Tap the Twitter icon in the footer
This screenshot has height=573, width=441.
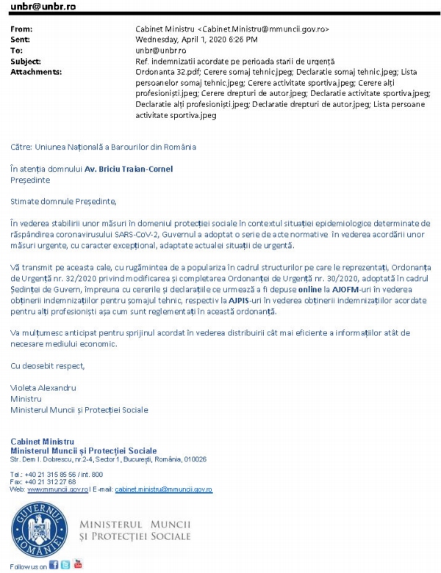[x=65, y=565]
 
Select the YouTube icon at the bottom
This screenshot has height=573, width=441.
[x=78, y=564]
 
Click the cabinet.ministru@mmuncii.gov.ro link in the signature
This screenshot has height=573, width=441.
[x=163, y=489]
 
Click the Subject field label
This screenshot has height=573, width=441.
[x=26, y=61]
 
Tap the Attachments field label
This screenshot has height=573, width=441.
[x=33, y=72]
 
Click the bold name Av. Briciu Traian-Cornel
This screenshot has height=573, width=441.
[x=129, y=169]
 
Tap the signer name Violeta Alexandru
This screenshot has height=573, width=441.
[x=43, y=387]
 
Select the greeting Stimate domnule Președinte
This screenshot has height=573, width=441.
[x=63, y=201]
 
